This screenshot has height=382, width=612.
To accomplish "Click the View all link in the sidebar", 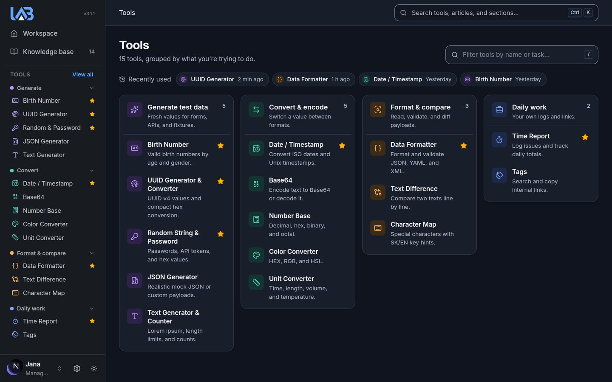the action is (82, 75).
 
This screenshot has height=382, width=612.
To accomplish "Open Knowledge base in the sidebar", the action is (48, 52).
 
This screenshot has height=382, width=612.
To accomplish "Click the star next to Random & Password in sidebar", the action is (92, 128).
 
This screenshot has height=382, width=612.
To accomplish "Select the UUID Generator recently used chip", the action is (222, 79).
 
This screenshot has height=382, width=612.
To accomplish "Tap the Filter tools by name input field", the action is (521, 55).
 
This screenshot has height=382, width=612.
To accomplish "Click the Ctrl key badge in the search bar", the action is (575, 13).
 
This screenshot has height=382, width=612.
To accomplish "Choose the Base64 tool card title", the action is (280, 180).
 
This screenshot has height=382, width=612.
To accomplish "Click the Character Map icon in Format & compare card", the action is (377, 228).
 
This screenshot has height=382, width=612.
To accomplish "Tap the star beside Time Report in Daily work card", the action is (585, 137).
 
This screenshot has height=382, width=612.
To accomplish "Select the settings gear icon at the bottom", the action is (77, 368).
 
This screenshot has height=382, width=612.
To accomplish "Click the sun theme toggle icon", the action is (93, 368).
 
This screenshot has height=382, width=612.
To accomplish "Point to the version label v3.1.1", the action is (89, 14).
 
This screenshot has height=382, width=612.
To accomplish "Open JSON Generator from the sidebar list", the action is (45, 141).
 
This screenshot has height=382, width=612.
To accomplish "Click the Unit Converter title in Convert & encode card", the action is (291, 279).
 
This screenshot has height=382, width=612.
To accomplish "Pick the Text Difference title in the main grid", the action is (414, 189).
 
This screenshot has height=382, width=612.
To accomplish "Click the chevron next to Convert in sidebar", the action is (92, 171).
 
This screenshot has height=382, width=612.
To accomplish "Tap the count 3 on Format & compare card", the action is (467, 106).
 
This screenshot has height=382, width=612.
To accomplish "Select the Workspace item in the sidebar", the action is (40, 33).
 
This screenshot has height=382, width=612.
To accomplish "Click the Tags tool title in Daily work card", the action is (519, 172).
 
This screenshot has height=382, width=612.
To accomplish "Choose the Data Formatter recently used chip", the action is (313, 79).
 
